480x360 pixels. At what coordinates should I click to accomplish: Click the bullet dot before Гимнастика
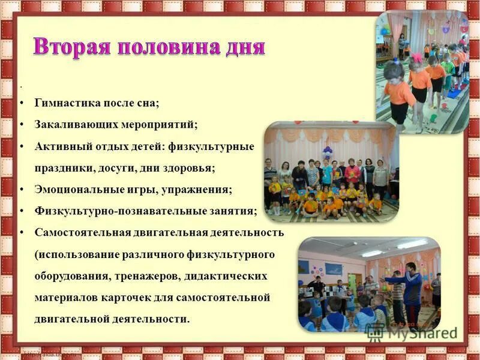pos(22,103)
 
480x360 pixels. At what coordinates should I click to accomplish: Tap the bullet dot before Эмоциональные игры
pos(22,189)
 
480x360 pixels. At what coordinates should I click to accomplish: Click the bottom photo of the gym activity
pos(369,284)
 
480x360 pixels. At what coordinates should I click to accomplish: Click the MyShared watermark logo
pos(414,332)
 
